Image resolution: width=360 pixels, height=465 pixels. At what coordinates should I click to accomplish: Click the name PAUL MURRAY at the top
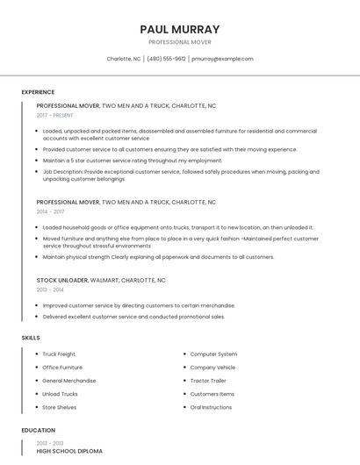pyautogui.click(x=180, y=29)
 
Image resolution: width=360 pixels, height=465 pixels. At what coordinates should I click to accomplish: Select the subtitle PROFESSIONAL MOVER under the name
pyautogui.click(x=180, y=42)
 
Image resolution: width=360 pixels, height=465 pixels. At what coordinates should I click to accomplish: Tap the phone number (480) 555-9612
pyautogui.click(x=167, y=59)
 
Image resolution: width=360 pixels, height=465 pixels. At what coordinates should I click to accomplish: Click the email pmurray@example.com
pyautogui.click(x=222, y=59)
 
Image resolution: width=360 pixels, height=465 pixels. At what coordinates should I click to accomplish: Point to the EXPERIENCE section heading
pyautogui.click(x=38, y=92)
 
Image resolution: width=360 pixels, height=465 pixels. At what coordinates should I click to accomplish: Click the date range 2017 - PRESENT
pyautogui.click(x=55, y=115)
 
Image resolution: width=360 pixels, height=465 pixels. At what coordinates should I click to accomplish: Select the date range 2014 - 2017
pyautogui.click(x=50, y=211)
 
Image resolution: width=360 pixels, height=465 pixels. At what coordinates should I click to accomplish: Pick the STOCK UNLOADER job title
pyautogui.click(x=62, y=280)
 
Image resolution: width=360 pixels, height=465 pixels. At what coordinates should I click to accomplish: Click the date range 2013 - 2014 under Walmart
pyautogui.click(x=50, y=290)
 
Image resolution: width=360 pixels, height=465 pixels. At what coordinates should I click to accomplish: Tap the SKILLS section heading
pyautogui.click(x=31, y=338)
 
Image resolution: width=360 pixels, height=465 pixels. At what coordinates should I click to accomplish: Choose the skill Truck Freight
pyautogui.click(x=59, y=354)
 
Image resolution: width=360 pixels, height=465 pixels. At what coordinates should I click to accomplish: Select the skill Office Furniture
pyautogui.click(x=62, y=368)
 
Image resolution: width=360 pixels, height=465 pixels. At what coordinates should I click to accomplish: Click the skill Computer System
pyautogui.click(x=213, y=354)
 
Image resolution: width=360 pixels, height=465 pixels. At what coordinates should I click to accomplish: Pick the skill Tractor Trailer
pyautogui.click(x=208, y=381)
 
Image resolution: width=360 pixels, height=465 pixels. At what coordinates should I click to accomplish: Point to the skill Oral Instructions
pyautogui.click(x=212, y=407)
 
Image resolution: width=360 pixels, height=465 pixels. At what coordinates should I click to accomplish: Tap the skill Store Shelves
pyautogui.click(x=60, y=407)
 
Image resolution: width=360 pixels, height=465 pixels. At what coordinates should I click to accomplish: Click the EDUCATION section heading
pyautogui.click(x=38, y=431)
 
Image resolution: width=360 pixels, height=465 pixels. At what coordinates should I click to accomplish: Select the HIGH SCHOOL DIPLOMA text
pyautogui.click(x=69, y=451)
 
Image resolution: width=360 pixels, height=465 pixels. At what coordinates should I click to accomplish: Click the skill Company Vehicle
pyautogui.click(x=212, y=368)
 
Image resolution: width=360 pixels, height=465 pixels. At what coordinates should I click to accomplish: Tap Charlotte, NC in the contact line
pyautogui.click(x=124, y=59)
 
